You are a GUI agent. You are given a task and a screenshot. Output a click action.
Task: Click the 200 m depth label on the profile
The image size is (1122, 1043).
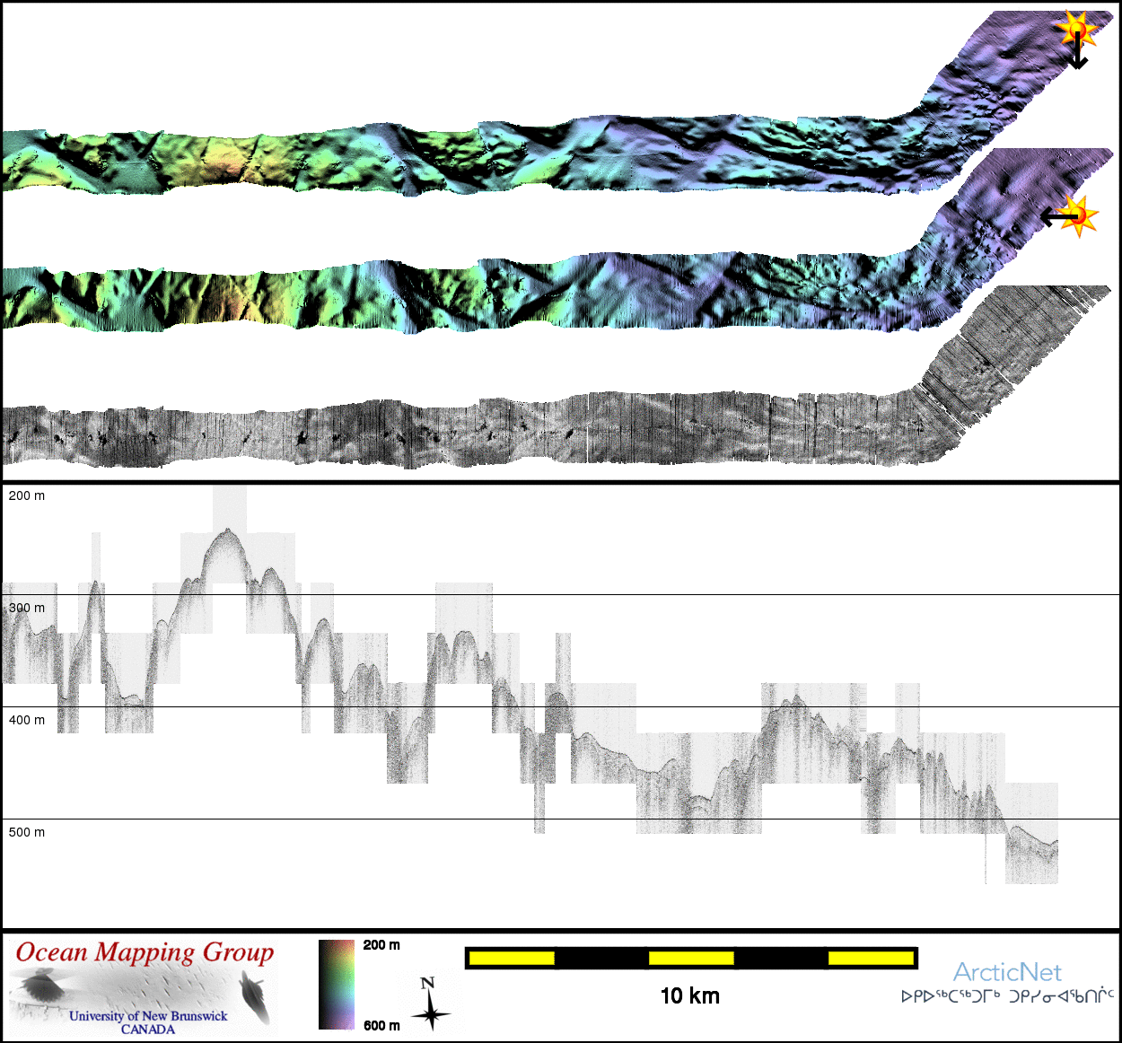point(27,495)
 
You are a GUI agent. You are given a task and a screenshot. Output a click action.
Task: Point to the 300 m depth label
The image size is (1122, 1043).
point(27,608)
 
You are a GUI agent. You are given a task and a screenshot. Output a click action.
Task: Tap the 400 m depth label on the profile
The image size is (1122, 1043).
point(27,720)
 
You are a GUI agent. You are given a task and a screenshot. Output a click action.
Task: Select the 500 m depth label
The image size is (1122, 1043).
point(27,832)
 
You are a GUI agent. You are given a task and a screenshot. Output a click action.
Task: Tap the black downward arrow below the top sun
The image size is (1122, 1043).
point(1078,52)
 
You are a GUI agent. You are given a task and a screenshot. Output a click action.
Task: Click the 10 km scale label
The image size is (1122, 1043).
point(690,995)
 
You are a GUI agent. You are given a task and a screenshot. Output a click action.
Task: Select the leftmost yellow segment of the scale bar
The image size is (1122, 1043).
point(512,958)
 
